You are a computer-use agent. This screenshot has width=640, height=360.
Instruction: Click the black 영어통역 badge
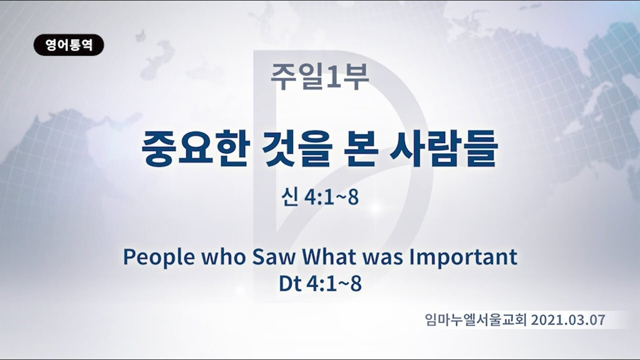click(68, 45)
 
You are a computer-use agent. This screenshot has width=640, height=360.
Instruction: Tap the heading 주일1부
click(320, 76)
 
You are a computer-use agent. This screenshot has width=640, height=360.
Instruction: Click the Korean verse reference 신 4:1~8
click(320, 197)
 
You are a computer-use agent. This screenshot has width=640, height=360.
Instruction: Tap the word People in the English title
click(159, 257)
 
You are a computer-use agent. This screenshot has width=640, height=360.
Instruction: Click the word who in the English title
click(223, 256)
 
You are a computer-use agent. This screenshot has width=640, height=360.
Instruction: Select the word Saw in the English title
click(273, 256)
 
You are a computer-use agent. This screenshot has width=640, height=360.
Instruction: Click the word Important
click(463, 257)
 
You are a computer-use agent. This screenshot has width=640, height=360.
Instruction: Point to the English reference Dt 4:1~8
click(320, 283)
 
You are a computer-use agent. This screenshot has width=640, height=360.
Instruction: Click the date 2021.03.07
click(568, 320)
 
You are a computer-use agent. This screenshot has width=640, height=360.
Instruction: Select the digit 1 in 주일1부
click(333, 76)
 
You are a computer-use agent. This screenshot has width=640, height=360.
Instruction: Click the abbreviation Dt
click(289, 283)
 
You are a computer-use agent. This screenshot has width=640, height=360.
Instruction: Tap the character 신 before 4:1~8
click(289, 197)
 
